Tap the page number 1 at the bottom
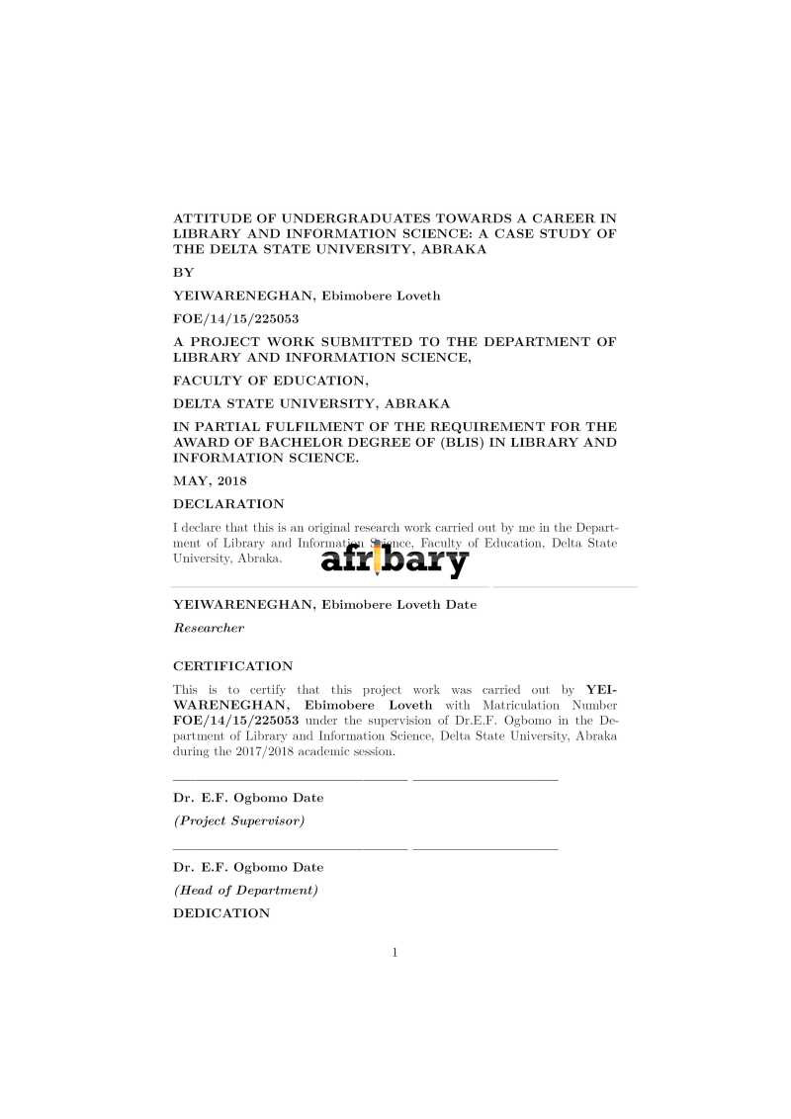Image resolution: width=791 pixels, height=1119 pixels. click(x=395, y=953)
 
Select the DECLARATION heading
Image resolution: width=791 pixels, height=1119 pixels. click(x=228, y=504)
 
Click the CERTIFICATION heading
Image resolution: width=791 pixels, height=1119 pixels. click(x=232, y=666)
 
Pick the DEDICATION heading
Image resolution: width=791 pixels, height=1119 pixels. click(x=221, y=913)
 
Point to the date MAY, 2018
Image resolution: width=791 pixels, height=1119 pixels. click(x=210, y=481)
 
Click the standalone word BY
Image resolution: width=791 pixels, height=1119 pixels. click(x=184, y=272)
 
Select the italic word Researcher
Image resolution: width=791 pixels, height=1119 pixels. click(x=209, y=628)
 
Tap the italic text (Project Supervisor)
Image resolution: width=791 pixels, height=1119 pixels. click(x=239, y=820)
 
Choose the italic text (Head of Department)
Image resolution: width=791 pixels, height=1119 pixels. click(x=245, y=890)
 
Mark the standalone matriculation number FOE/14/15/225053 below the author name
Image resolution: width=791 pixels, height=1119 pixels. click(x=236, y=319)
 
